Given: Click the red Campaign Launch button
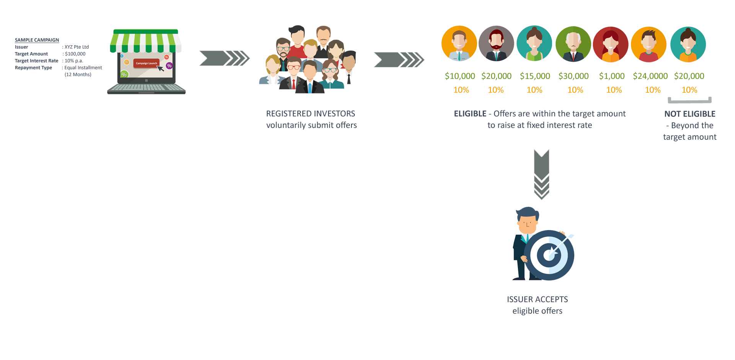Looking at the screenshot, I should [146, 63].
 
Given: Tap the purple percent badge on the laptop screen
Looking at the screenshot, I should [169, 66].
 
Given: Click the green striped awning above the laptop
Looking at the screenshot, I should [145, 40].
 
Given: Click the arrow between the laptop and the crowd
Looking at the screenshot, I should [224, 58].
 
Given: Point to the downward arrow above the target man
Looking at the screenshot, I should [542, 174].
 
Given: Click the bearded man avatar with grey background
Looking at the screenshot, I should [496, 44].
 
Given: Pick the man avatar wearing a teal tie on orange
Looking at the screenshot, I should [459, 44].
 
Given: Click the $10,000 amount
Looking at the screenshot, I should [460, 76].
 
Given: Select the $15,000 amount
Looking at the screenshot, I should [535, 76].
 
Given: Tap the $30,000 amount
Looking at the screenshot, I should [574, 76].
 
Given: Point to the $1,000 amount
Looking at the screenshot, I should [612, 76].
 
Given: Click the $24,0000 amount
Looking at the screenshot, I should [650, 76].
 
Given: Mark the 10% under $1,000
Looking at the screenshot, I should [614, 90].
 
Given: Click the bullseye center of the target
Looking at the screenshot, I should [549, 255].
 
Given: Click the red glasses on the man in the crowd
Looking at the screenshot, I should [294, 67].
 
